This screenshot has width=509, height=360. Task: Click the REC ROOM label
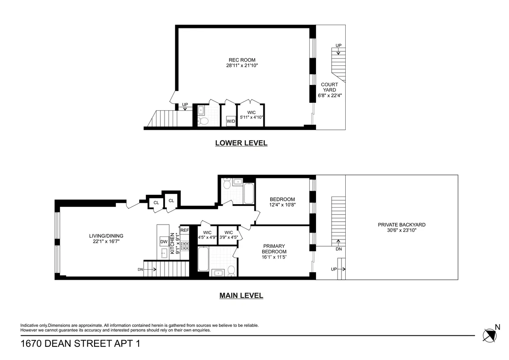click(242, 60)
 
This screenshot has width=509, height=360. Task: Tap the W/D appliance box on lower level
click(231, 121)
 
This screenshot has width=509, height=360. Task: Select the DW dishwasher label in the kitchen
click(164, 242)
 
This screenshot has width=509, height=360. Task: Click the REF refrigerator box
click(185, 230)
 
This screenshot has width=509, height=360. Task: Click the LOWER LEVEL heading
click(241, 143)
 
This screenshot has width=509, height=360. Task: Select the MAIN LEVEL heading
click(241, 295)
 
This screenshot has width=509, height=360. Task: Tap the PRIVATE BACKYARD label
click(401, 225)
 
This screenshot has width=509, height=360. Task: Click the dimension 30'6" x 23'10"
click(401, 231)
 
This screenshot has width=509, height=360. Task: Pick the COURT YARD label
click(330, 87)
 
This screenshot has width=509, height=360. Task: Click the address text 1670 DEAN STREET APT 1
click(80, 343)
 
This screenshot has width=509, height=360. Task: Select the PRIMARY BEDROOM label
click(274, 249)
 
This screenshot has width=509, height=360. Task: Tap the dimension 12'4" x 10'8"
click(282, 205)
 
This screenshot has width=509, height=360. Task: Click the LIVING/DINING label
click(106, 236)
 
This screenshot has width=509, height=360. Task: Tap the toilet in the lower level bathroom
click(204, 121)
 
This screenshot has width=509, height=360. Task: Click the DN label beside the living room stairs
click(140, 269)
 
